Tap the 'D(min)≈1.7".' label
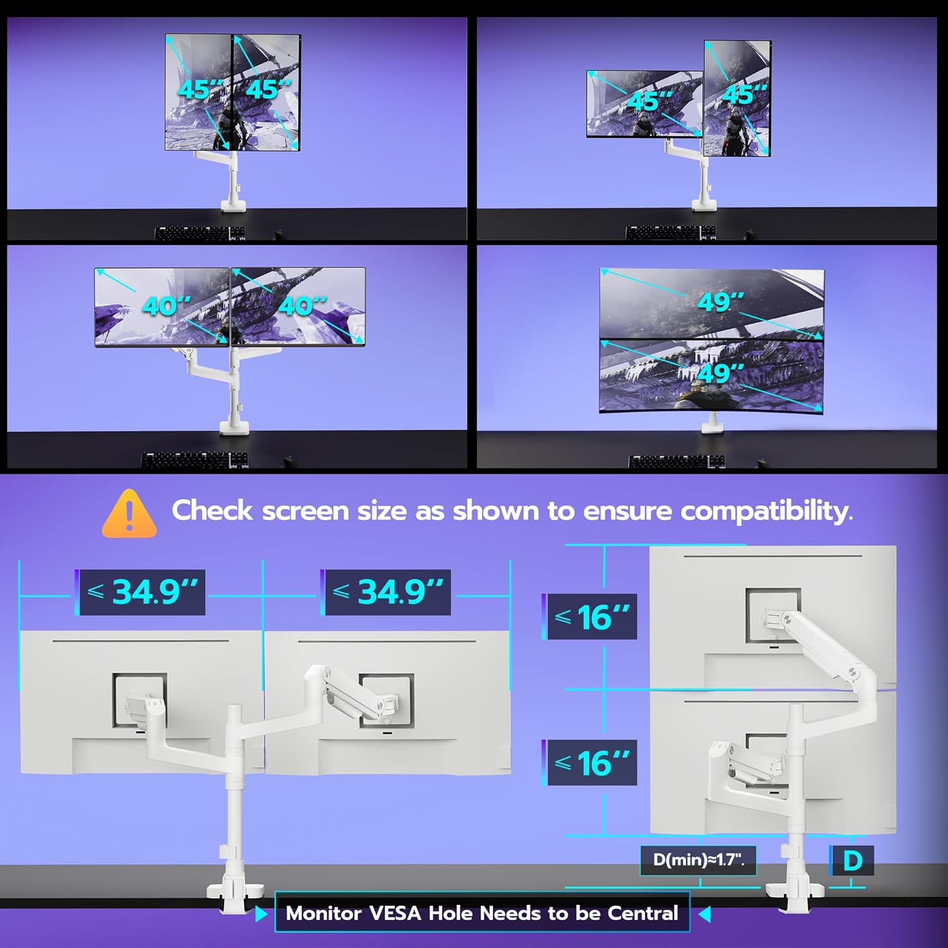(698, 860)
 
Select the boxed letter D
(851, 861)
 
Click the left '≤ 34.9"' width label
(142, 592)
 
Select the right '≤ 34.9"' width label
(387, 592)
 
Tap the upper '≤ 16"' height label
(592, 617)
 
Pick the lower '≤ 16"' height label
(592, 763)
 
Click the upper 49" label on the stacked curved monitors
(720, 301)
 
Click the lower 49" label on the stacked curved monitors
(720, 373)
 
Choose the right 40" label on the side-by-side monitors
(302, 307)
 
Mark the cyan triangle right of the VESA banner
(705, 914)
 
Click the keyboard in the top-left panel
(200, 233)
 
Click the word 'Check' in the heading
(212, 511)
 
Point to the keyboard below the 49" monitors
(676, 461)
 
